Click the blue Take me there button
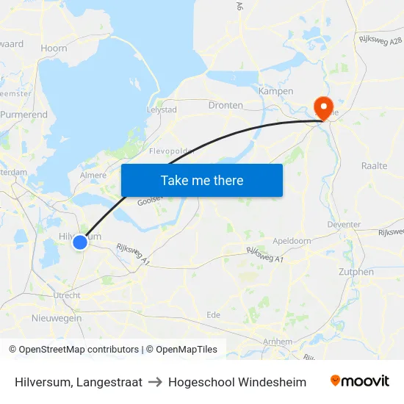[201, 180]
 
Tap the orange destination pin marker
[322, 108]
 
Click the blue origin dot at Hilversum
[80, 242]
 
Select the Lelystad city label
[162, 109]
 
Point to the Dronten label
[226, 105]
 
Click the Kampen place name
[276, 91]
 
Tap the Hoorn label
[54, 48]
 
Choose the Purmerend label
[24, 115]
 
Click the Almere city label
[93, 176]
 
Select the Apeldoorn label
[292, 240]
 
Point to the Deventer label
[344, 224]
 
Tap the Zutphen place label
[357, 272]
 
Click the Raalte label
[374, 166]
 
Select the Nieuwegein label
[57, 318]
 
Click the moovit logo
[360, 381]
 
